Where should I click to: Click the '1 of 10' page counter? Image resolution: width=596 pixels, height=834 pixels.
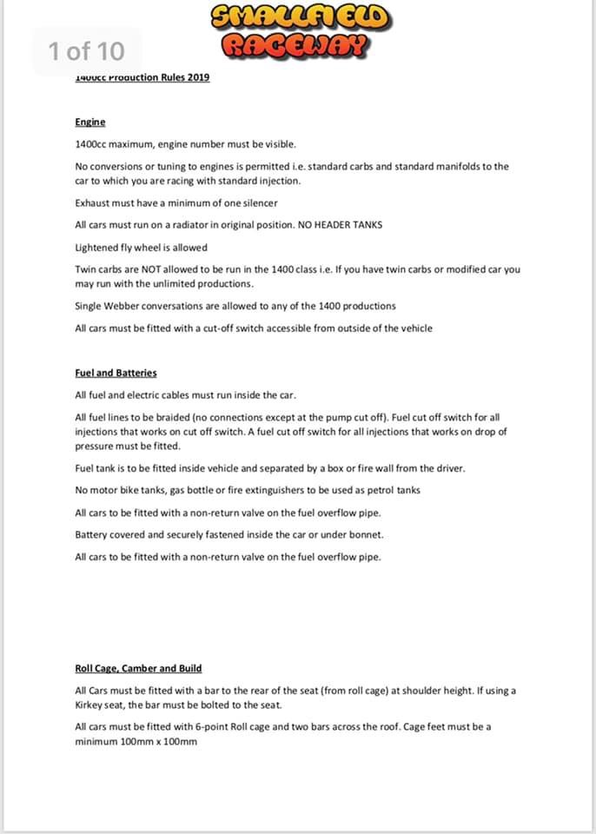pos(86,50)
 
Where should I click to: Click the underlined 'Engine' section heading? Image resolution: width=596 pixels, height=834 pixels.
pos(89,122)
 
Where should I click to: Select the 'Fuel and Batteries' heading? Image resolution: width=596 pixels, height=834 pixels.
pos(116,373)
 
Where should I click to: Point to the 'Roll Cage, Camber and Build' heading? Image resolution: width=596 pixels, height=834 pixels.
pos(138,668)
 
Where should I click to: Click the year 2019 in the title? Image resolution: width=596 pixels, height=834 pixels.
pos(198,77)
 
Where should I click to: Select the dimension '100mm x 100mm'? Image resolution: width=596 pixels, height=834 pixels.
pos(155,741)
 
